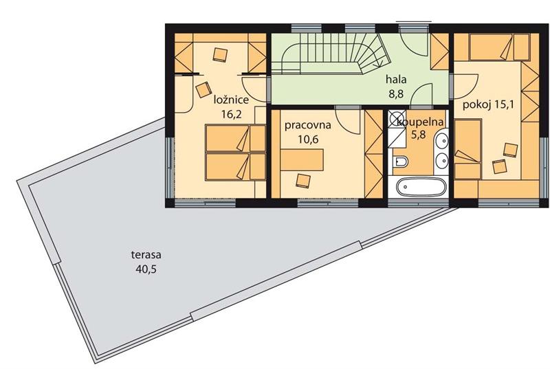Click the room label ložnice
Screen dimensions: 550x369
pyautogui.click(x=232, y=100)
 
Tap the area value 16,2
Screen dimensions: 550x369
pyautogui.click(x=232, y=114)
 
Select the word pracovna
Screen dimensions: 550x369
pyautogui.click(x=307, y=125)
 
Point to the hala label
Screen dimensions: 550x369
pyautogui.click(x=397, y=80)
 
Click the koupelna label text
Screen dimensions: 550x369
pyautogui.click(x=420, y=122)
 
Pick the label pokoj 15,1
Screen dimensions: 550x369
pyautogui.click(x=488, y=104)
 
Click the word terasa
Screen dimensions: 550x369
pyautogui.click(x=146, y=255)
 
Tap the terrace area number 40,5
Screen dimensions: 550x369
pyautogui.click(x=146, y=269)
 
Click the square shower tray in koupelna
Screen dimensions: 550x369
pyautogui.click(x=397, y=127)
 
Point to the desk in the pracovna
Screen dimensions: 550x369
pyautogui.click(x=302, y=159)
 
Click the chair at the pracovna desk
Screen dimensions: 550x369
pyautogui.click(x=303, y=181)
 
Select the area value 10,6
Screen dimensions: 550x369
pyautogui.click(x=307, y=139)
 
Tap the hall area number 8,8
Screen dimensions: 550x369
pyautogui.click(x=396, y=94)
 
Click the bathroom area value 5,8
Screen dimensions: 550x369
pyautogui.click(x=419, y=135)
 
